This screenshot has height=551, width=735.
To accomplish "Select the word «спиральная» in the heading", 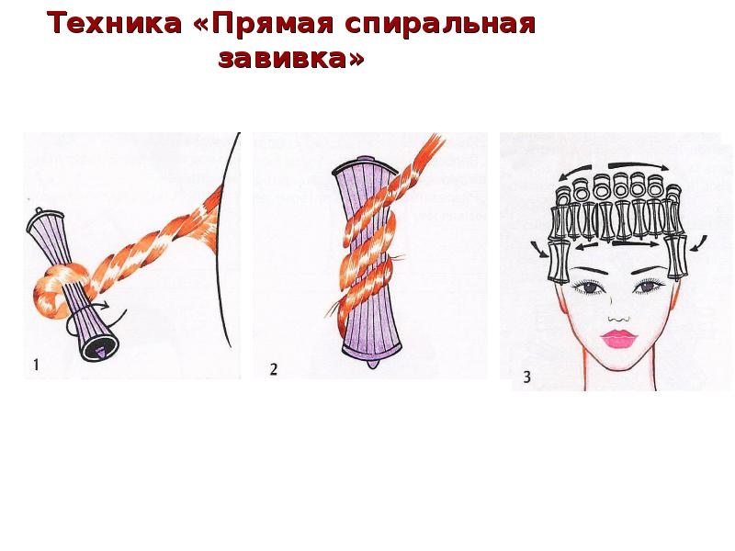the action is point(440,25).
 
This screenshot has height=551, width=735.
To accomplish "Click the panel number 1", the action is point(36,365).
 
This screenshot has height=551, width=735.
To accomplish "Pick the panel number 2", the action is point(274,369).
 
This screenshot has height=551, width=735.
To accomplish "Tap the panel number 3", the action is point(526,377).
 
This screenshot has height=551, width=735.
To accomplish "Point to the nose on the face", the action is point(618,319).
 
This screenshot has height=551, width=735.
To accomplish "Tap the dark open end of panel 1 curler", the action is point(100,348).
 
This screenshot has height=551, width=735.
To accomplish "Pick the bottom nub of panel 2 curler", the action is point(373,363).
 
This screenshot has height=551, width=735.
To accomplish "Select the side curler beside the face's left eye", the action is point(559,262).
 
